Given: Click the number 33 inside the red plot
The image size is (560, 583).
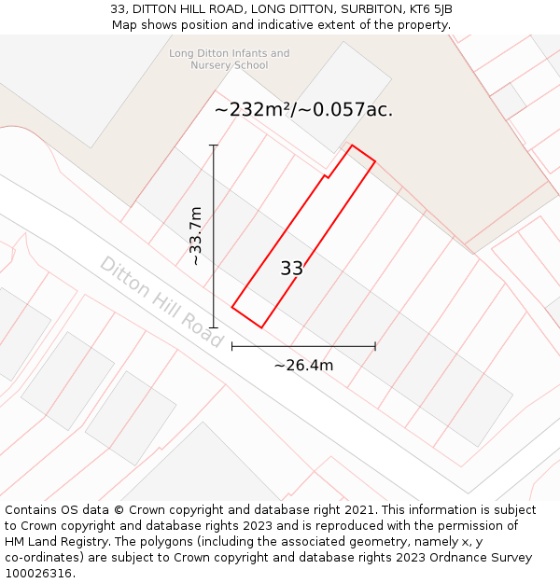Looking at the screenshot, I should tap(291, 269).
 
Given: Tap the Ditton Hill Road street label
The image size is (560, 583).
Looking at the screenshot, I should tap(161, 302).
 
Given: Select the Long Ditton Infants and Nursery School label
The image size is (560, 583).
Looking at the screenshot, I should tap(229, 60).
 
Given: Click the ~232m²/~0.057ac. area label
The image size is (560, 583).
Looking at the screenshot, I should tap(303, 109).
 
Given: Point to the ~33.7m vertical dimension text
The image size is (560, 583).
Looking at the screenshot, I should tap(196, 236).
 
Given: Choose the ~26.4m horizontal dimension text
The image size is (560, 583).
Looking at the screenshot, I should tap(303, 365).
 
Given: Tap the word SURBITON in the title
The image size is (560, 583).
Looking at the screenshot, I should tap(345, 8).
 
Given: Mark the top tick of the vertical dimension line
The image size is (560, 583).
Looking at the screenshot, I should tap(214, 146).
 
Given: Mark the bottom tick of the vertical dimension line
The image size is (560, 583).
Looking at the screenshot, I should tap(214, 327).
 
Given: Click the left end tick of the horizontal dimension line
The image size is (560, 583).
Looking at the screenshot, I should tap(232, 346).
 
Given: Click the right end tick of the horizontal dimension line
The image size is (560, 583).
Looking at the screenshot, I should tap(375, 346).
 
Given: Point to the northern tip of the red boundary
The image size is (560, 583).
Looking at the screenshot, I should tap(352, 146).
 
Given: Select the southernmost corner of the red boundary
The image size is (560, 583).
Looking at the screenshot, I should tap(261, 327).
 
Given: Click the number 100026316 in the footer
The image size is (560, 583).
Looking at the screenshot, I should tap(39, 574).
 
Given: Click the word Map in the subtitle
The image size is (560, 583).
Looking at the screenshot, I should tap(124, 24).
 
